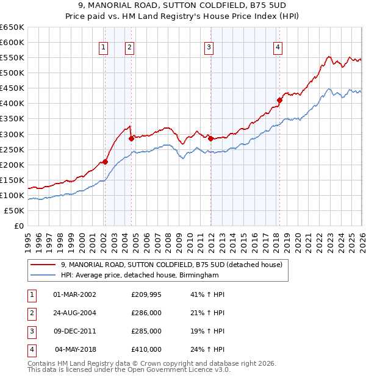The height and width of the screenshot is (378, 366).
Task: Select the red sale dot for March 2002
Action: point(105,162)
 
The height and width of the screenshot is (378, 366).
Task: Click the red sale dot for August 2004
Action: point(131,138)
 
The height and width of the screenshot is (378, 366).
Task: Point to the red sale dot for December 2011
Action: point(210,138)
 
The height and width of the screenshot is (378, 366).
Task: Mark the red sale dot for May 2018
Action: point(279,100)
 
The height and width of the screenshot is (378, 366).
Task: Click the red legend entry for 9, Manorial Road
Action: point(171,265)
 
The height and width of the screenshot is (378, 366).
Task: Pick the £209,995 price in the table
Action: point(146,294)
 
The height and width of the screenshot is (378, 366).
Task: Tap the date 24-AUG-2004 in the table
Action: point(75,313)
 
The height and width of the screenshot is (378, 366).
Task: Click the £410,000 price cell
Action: point(146,350)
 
